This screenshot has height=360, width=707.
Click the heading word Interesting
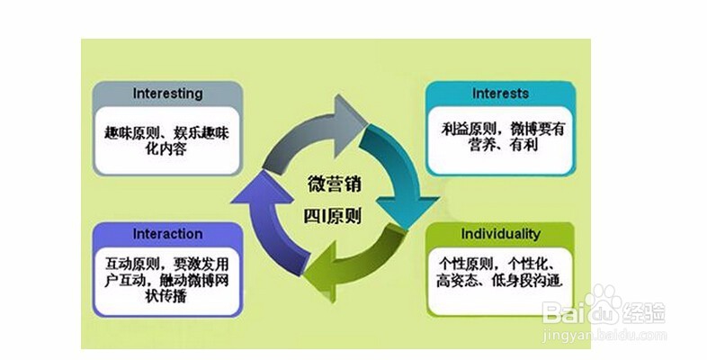coord(168,94)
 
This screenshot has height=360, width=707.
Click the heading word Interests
coord(500,94)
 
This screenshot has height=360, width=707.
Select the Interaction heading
coord(167,234)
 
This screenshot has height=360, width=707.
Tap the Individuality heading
coord(500,234)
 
